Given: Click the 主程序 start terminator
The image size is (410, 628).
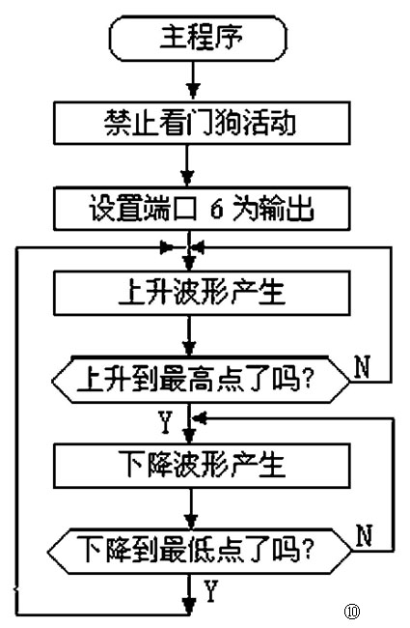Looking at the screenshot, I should [x=198, y=42].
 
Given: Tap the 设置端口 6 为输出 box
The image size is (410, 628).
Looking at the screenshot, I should [x=197, y=208].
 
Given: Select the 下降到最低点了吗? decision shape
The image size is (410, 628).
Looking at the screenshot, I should [x=197, y=550].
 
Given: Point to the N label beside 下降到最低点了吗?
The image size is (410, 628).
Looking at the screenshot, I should [x=364, y=534].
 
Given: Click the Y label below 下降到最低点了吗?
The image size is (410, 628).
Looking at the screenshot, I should [x=211, y=590].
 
